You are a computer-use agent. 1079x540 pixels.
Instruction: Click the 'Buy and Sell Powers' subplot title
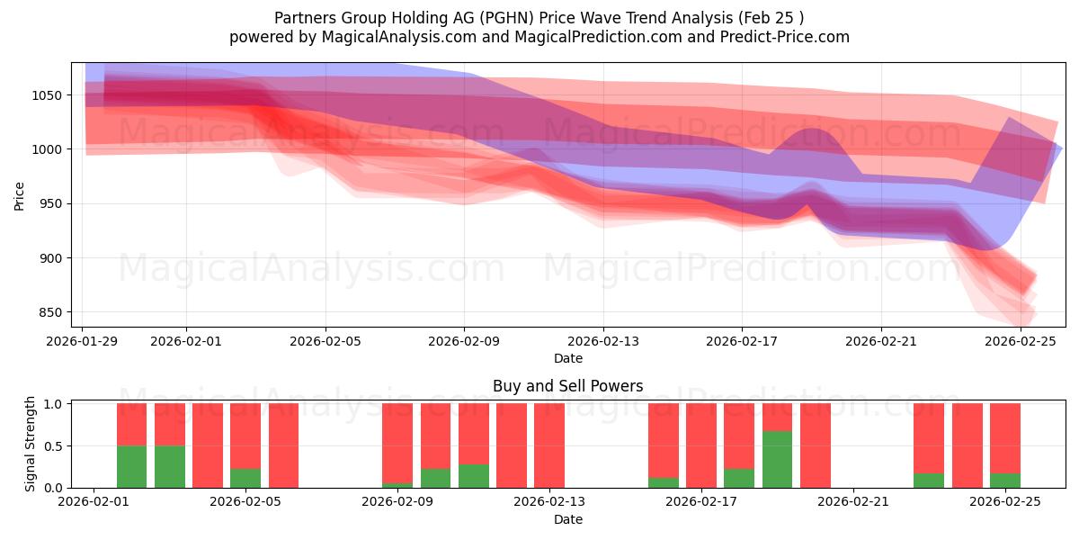(x=567, y=386)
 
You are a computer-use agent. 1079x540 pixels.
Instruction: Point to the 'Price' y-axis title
(x=20, y=195)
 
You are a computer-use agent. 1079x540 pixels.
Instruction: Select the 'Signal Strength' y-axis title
(x=31, y=445)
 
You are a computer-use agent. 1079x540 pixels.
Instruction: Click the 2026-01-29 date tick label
(x=83, y=341)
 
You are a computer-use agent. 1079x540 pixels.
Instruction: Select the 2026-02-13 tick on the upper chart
(x=603, y=341)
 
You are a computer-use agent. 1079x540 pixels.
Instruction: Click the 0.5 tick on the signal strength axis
(x=55, y=445)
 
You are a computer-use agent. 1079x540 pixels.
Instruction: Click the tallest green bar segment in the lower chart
(x=777, y=459)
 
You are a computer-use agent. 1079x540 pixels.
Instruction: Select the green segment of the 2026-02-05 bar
(x=245, y=478)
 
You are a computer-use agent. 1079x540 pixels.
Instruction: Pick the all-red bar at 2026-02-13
(x=548, y=445)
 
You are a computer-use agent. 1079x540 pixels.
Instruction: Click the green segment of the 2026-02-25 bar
(x=1004, y=481)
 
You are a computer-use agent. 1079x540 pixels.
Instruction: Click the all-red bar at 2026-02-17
(x=701, y=445)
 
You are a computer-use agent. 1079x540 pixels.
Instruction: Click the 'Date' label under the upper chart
(x=567, y=358)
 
